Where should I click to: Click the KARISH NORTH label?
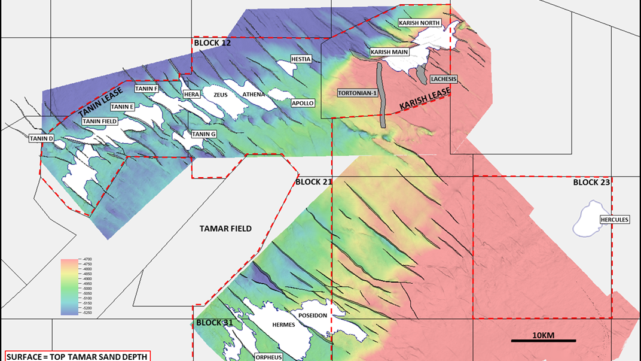420,23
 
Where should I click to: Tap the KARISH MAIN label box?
389,52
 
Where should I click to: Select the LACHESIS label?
443,79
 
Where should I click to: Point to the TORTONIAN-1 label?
357,93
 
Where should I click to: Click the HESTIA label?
301,59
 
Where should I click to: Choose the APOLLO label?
303,103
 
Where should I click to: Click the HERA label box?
191,95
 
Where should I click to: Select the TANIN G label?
204,134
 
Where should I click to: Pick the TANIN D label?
42,139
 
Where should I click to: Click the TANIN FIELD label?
100,121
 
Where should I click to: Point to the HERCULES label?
614,220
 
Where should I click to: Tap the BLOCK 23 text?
591,182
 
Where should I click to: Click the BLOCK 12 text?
212,43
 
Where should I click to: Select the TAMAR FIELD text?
225,229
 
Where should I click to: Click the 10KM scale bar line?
543,341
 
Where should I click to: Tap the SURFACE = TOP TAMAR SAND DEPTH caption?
77,356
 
